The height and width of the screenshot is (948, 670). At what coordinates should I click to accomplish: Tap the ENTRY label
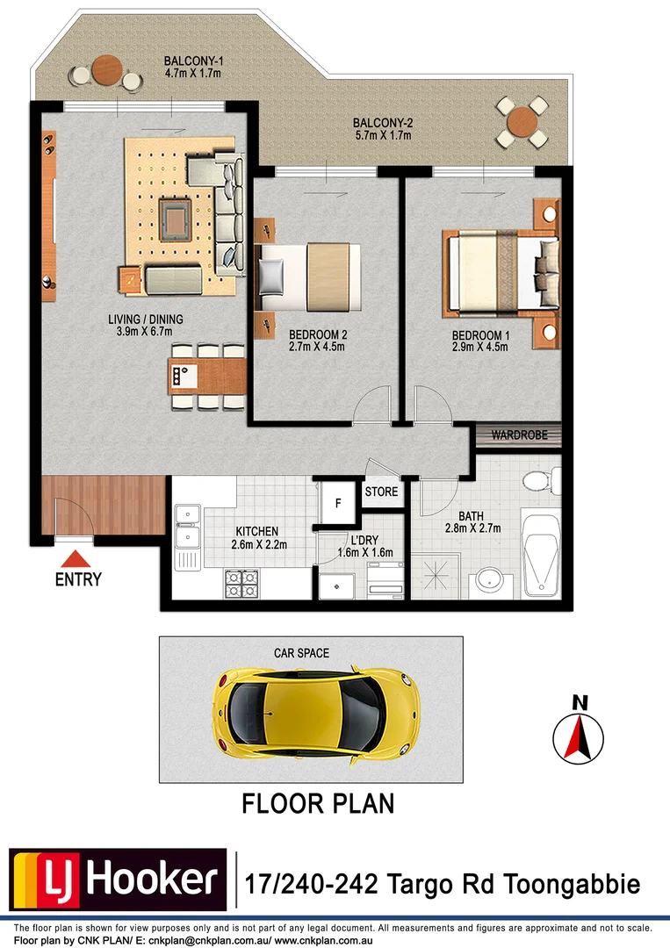pyautogui.click(x=78, y=579)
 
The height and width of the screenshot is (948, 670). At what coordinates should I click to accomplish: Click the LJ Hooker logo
pyautogui.click(x=118, y=880)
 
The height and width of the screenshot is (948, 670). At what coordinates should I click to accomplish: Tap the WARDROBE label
pyautogui.click(x=519, y=434)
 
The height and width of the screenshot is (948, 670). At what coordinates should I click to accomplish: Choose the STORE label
pyautogui.click(x=381, y=492)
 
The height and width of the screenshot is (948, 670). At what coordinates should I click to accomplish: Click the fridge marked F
pyautogui.click(x=337, y=504)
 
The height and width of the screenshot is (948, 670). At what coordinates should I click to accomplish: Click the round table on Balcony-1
pyautogui.click(x=107, y=69)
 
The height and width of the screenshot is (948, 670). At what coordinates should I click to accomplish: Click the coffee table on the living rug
pyautogui.click(x=177, y=216)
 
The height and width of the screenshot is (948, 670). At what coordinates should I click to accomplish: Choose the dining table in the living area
pyautogui.click(x=207, y=377)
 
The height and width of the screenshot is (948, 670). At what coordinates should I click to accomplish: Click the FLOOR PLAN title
pyautogui.click(x=318, y=803)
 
